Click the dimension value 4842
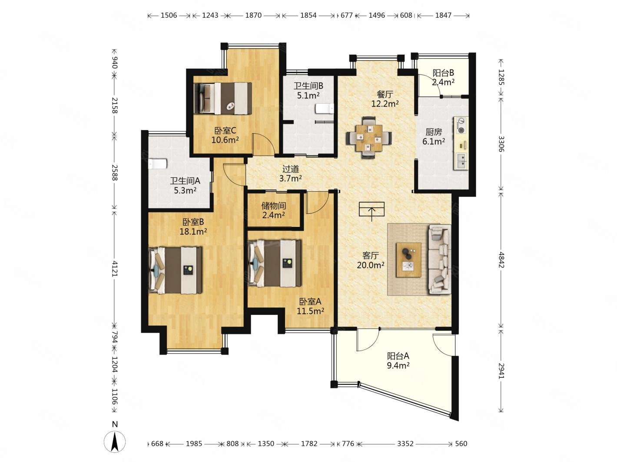click(x=501, y=260)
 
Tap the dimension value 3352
click(x=405, y=443)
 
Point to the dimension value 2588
click(x=115, y=172)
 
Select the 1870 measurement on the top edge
click(x=253, y=15)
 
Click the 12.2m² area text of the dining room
click(x=385, y=104)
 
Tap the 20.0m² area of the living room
click(x=371, y=265)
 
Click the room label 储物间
click(x=273, y=206)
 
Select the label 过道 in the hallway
click(x=290, y=169)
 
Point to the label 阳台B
click(x=443, y=73)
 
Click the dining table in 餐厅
click(x=368, y=138)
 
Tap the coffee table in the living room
click(x=408, y=260)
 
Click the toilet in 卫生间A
click(x=158, y=164)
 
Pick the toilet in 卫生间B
click(x=325, y=108)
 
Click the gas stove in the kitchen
click(x=461, y=125)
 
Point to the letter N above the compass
click(x=115, y=424)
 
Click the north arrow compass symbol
click(x=115, y=442)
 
